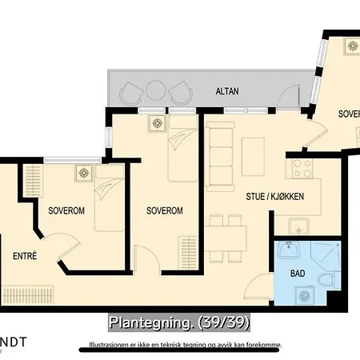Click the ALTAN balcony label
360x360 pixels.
(x=226, y=92)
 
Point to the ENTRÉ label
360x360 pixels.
(x=25, y=256)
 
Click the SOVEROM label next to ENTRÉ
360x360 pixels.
(x=66, y=211)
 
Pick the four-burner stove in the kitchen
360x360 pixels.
(x=302, y=168)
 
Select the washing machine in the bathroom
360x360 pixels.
(x=303, y=297)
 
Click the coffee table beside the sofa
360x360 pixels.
(x=253, y=150)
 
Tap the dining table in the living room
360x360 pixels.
(x=225, y=238)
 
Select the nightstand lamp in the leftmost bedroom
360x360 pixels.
(x=82, y=171)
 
